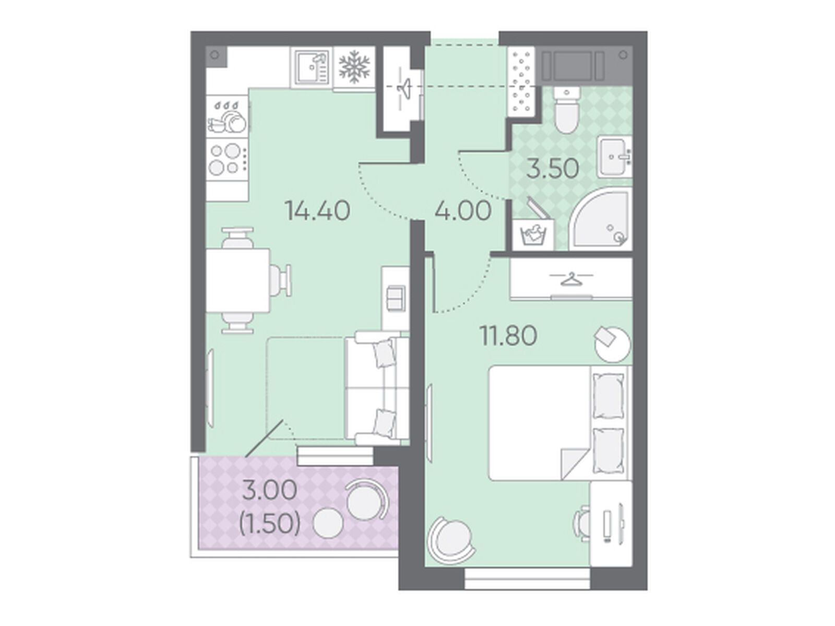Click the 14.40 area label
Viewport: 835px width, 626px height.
[x=318, y=211]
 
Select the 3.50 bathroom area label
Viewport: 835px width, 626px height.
[x=553, y=169]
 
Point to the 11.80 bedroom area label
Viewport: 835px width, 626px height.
[x=509, y=336]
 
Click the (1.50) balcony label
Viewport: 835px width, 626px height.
[x=269, y=524]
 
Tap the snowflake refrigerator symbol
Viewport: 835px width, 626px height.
[x=354, y=69]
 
